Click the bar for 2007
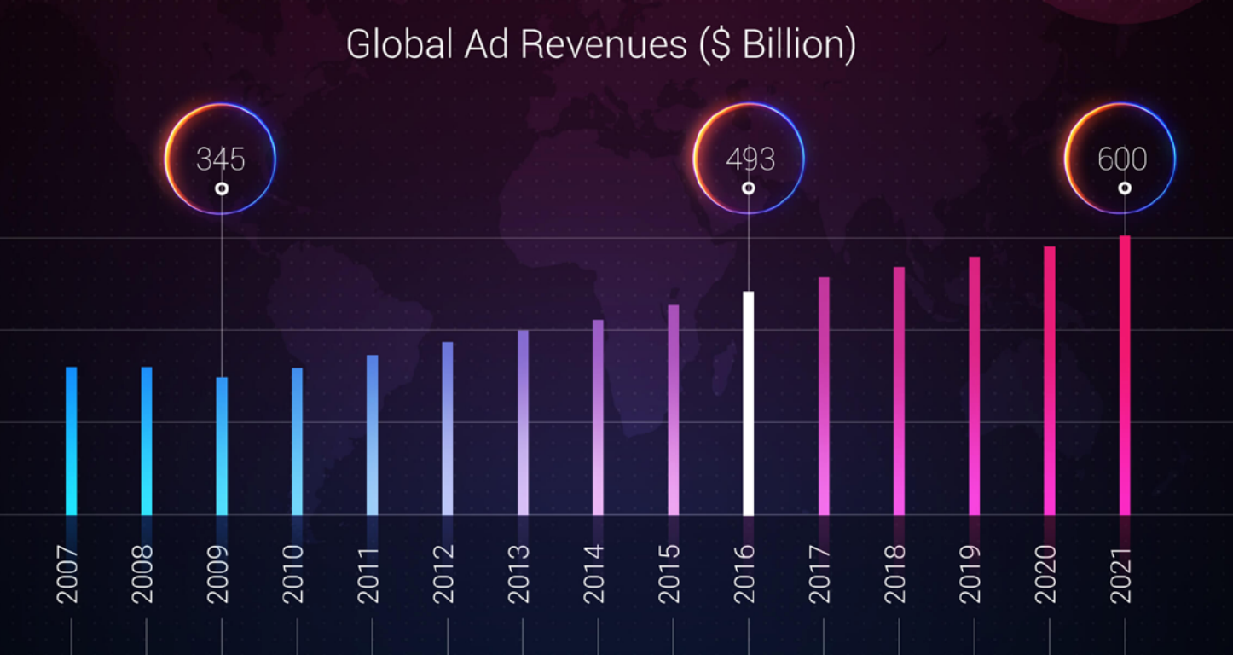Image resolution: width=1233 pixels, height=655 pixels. pyautogui.click(x=72, y=441)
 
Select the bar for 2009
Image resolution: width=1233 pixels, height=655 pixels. pyautogui.click(x=222, y=446)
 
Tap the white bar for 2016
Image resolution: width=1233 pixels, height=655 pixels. pyautogui.click(x=748, y=403)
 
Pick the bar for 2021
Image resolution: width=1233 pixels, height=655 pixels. pyautogui.click(x=1125, y=375)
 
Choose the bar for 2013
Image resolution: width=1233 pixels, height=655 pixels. pyautogui.click(x=523, y=423)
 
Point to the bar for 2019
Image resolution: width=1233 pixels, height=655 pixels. pyautogui.click(x=974, y=386)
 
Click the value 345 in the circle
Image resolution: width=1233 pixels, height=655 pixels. pyautogui.click(x=220, y=159)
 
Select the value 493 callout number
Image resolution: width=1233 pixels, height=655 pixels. pyautogui.click(x=750, y=159)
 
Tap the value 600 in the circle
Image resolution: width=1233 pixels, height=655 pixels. pyautogui.click(x=1121, y=159)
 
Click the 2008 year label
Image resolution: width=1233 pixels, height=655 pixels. pyautogui.click(x=142, y=574)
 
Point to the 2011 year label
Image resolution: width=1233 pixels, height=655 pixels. pyautogui.click(x=368, y=574)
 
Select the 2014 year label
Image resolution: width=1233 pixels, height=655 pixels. pyautogui.click(x=593, y=574)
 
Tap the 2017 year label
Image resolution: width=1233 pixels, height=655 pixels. pyautogui.click(x=819, y=574)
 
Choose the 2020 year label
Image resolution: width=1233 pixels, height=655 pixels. pyautogui.click(x=1045, y=574)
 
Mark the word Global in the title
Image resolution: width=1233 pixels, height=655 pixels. pyautogui.click(x=398, y=44)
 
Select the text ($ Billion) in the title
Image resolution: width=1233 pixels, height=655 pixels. pyautogui.click(x=777, y=44)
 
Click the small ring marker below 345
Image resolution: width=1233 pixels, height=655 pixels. pyautogui.click(x=222, y=188)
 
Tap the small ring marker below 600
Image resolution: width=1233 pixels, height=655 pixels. pyautogui.click(x=1125, y=188)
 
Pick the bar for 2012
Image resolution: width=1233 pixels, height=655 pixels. pyautogui.click(x=448, y=428)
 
